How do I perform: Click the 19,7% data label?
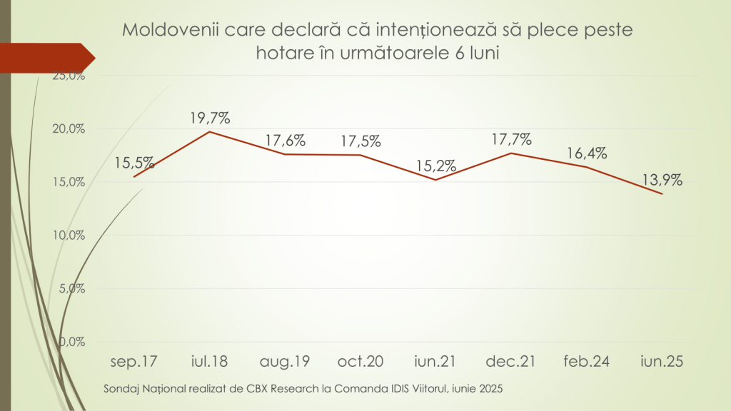coord(209,117)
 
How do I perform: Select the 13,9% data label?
coord(662,181)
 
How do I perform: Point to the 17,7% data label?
coord(512,139)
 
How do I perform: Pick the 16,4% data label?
coord(587,153)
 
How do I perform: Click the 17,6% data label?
coord(286,140)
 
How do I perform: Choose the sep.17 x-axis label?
coord(133,362)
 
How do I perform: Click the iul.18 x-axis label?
coord(209,362)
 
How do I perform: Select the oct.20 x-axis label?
coord(361,362)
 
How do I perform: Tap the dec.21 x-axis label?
coord(512,362)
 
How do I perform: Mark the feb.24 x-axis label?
coord(587,362)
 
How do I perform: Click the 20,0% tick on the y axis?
coord(69,129)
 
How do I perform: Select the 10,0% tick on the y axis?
coord(69,235)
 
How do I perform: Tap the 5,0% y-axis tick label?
coord(71,289)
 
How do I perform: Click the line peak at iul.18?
coord(209,131)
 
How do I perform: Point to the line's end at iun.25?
coord(662,193)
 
